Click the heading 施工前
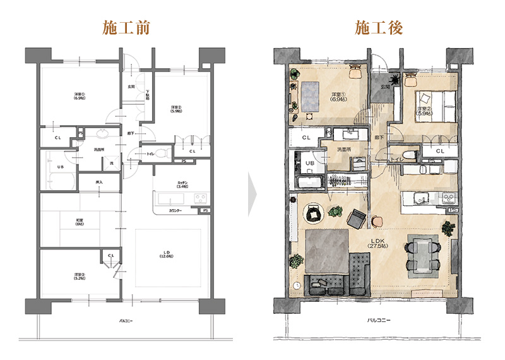[x=126, y=28]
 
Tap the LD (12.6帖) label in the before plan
[x=167, y=254]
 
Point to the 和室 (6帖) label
[x=80, y=222]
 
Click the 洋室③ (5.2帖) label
[x=80, y=276]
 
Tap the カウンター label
[x=176, y=210]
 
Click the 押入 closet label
[x=98, y=183]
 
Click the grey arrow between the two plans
[x=252, y=195]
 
